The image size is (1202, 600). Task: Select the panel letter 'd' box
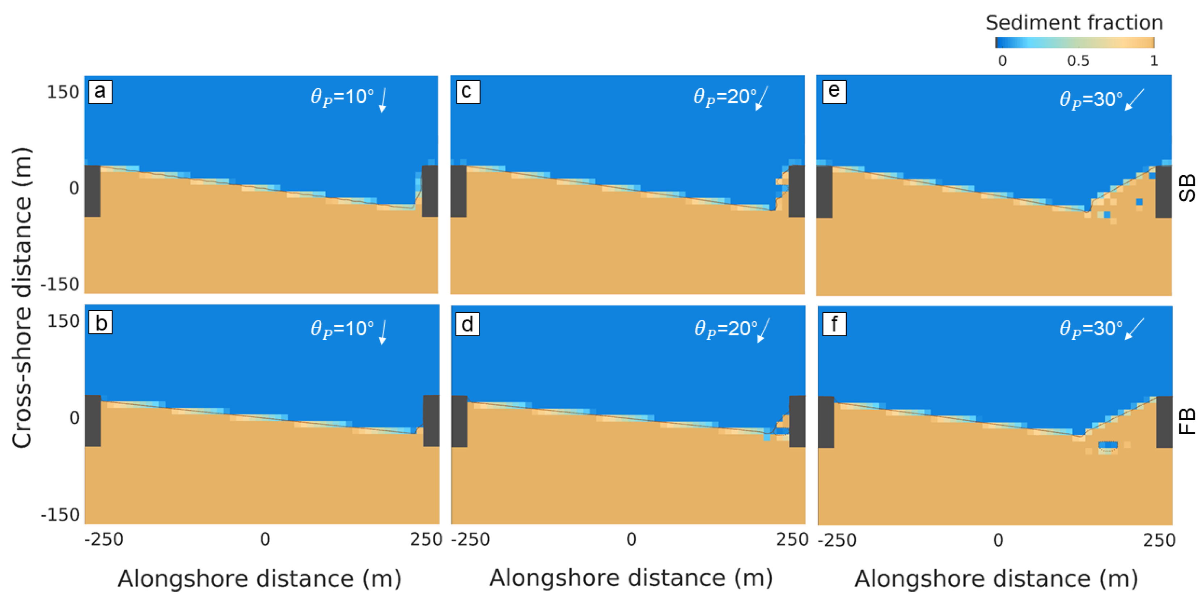(467, 324)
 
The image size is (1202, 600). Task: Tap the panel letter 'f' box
(834, 324)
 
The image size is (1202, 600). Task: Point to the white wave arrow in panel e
(1134, 100)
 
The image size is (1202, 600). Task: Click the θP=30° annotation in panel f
(1091, 329)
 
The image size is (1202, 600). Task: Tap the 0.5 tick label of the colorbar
(1078, 61)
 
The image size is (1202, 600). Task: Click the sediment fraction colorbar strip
(1074, 42)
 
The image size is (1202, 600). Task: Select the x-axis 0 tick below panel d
(631, 539)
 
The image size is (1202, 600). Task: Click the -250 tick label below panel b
(103, 539)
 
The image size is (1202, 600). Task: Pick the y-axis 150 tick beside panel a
(63, 92)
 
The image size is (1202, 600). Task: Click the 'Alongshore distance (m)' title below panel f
(996, 579)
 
